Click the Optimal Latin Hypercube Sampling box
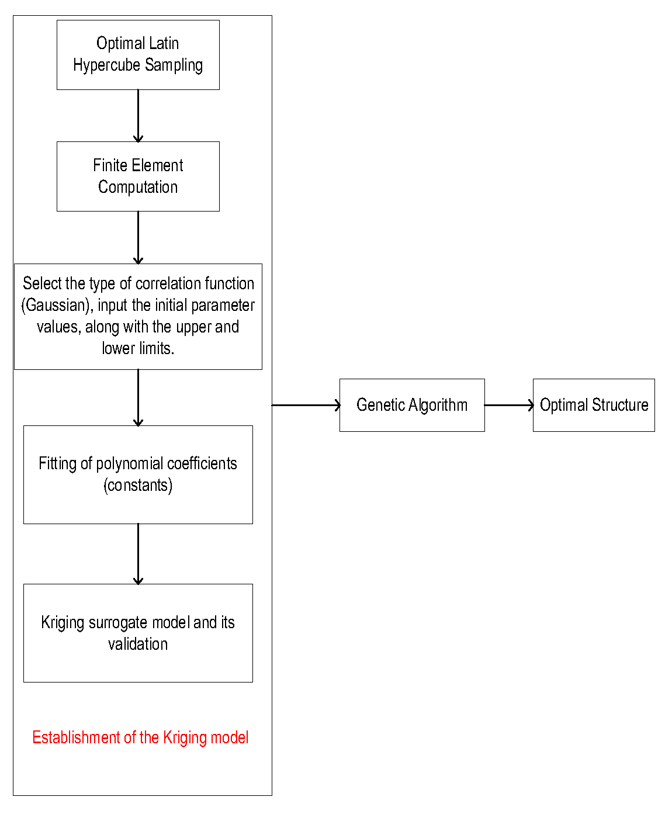[x=138, y=55]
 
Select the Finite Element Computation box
[x=138, y=176]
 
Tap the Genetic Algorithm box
[x=412, y=405]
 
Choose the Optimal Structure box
[x=594, y=405]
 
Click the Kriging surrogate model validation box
[x=138, y=633]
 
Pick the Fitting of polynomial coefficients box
[x=138, y=474]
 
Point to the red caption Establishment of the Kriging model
[x=140, y=737]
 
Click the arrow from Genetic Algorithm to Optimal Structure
[x=508, y=405]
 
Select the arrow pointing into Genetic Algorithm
[x=306, y=405]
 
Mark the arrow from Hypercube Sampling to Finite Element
[x=138, y=116]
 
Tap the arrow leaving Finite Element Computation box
[x=138, y=237]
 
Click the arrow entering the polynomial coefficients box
[x=138, y=397]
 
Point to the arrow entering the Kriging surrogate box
[x=138, y=553]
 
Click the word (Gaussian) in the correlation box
[x=57, y=306]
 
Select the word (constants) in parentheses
[x=138, y=486]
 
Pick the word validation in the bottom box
[x=138, y=644]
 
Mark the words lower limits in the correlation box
[x=138, y=348]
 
